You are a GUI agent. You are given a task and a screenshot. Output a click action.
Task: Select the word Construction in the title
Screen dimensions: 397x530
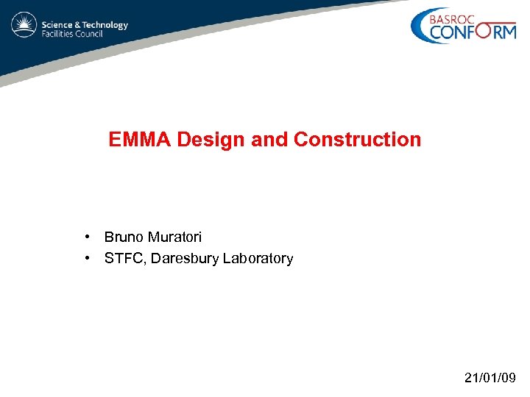357,140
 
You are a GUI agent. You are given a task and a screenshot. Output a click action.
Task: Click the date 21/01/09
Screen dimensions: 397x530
490,378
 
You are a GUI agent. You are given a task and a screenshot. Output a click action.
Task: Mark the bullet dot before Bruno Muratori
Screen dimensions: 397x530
88,237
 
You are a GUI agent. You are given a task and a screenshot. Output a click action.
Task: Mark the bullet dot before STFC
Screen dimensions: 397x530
88,258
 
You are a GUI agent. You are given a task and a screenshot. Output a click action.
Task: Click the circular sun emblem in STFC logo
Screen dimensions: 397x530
24,26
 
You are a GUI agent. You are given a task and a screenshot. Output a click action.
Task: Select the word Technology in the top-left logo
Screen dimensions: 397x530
104,24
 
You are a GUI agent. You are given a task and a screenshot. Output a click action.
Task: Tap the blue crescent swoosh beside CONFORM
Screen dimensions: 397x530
420,28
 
